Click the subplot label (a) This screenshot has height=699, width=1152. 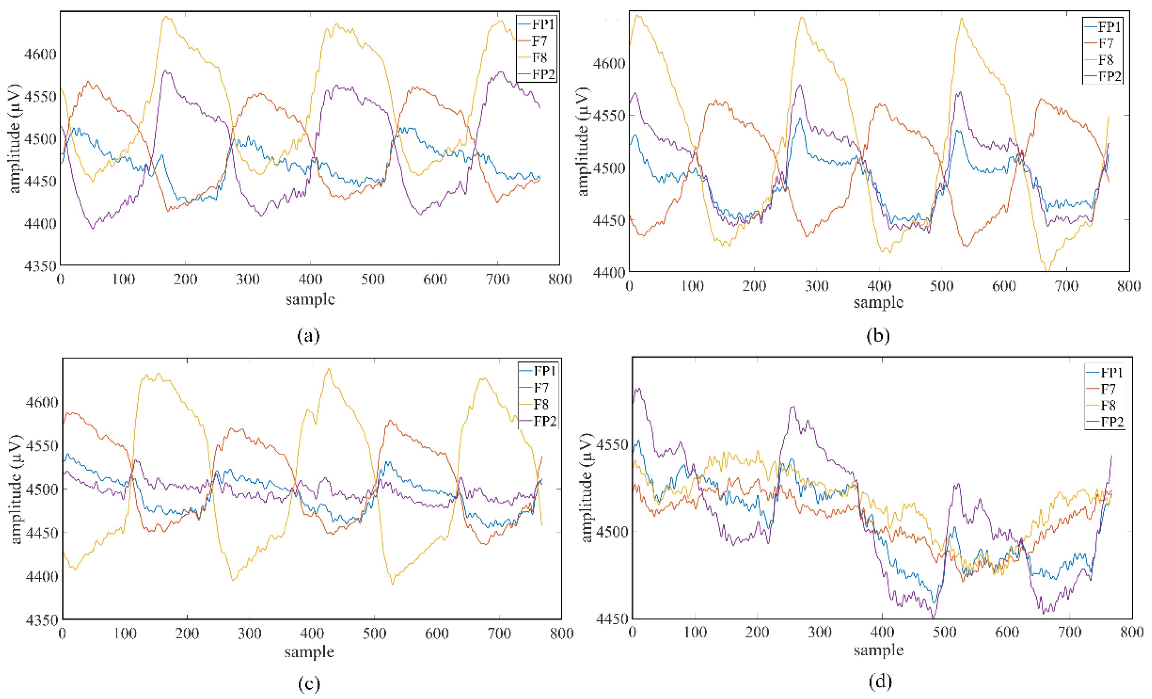pos(309,335)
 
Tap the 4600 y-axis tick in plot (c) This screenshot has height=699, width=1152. pos(41,402)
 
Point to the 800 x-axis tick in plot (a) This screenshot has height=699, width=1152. pos(559,279)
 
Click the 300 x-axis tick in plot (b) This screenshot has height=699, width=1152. pos(816,286)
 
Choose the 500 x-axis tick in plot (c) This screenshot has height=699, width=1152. pos(374,634)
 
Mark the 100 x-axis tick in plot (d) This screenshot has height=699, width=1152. pos(695,632)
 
